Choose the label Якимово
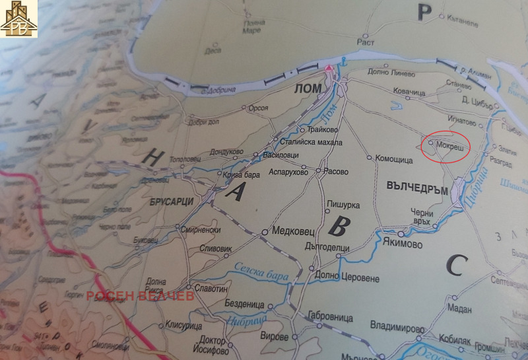(402, 243)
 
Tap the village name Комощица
(393, 159)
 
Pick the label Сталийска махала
(312, 143)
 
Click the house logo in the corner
(18, 18)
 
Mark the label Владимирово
(397, 326)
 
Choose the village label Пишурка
(342, 205)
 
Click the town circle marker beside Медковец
(265, 233)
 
